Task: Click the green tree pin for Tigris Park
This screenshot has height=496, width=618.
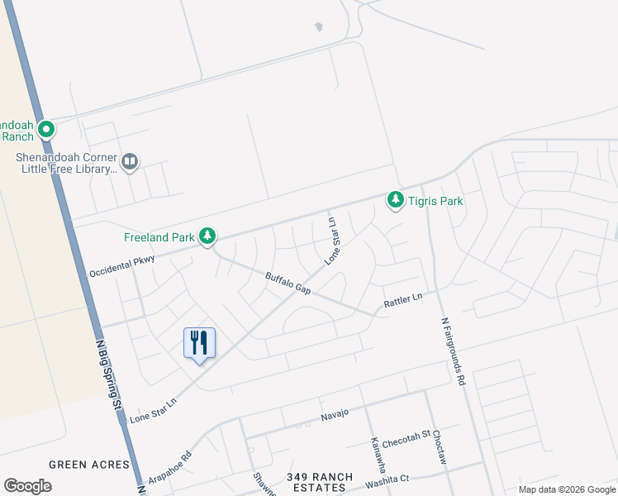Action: coord(396,200)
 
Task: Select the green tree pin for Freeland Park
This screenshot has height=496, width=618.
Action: coord(207,237)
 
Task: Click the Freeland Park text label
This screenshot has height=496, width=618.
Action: coord(159,237)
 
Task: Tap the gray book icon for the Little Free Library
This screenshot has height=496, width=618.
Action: coord(129,161)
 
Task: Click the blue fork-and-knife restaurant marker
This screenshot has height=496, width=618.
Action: coord(199,342)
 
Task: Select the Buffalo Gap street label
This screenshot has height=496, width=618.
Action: coord(288,283)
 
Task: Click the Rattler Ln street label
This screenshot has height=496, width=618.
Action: coord(403,302)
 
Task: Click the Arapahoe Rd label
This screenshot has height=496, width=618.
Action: coord(170,466)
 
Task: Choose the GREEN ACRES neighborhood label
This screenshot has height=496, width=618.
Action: coord(89,465)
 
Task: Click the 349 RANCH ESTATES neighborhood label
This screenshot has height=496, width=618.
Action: coord(320,483)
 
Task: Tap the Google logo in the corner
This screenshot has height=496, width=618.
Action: coord(28,486)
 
